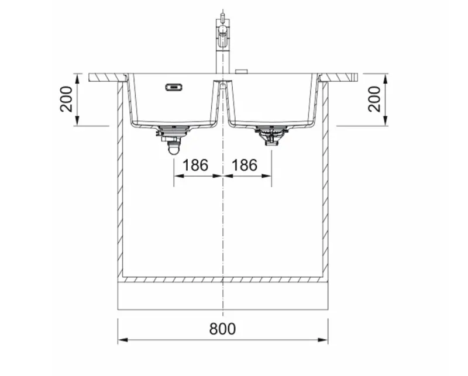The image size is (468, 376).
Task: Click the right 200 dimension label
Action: (374, 99)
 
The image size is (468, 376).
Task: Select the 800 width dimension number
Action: (222, 329)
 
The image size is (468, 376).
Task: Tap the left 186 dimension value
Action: (195, 165)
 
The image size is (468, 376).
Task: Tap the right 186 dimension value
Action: (245, 165)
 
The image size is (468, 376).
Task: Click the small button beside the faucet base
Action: (240, 71)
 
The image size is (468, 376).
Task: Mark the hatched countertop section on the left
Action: (108, 77)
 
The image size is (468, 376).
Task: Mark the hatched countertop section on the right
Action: (339, 77)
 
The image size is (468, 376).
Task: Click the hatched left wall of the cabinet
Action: (121, 175)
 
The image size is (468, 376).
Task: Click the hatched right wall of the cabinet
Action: (325, 175)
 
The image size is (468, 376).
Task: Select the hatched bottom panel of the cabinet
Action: (222, 279)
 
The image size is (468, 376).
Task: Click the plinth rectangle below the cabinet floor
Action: (222, 296)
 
